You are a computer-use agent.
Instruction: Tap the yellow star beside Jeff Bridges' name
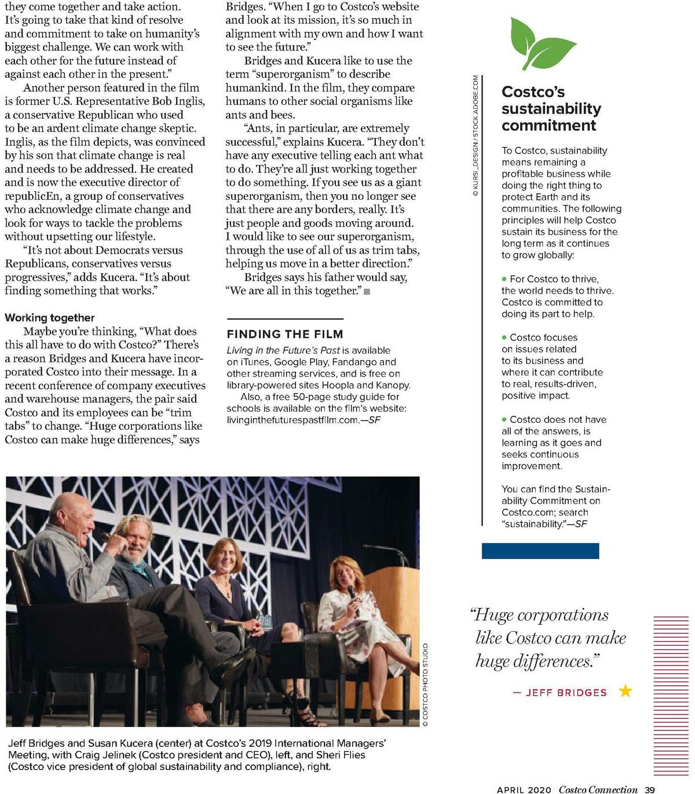(x=625, y=691)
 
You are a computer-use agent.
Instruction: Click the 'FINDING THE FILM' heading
(x=285, y=334)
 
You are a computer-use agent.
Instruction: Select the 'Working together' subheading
(x=50, y=317)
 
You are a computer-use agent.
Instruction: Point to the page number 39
(x=650, y=789)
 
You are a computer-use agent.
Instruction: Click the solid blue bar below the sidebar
(x=540, y=551)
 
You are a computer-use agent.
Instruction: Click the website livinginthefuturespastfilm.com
(x=293, y=420)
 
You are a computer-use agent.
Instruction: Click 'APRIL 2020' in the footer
(x=524, y=789)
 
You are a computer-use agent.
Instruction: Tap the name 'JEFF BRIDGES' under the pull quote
(x=566, y=693)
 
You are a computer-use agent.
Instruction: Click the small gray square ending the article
(x=367, y=291)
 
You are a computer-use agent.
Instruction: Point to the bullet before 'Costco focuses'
(x=504, y=338)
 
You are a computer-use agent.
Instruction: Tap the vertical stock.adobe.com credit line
(x=475, y=136)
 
